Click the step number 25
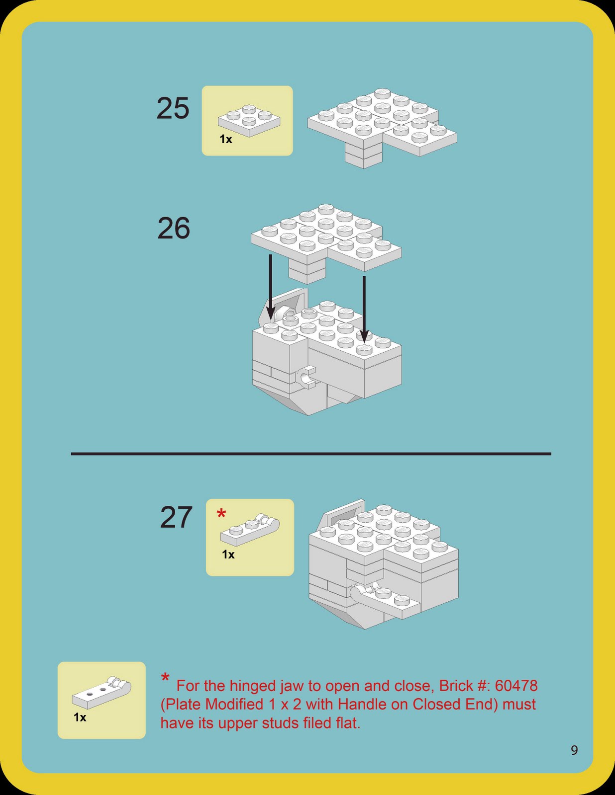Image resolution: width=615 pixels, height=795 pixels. (173, 108)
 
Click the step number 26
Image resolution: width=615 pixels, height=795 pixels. (174, 229)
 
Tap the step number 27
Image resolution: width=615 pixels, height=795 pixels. (176, 517)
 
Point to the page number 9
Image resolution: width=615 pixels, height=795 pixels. (574, 750)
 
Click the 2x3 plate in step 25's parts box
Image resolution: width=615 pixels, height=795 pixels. (249, 120)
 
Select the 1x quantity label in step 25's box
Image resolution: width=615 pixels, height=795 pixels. (226, 140)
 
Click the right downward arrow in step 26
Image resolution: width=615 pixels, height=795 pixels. (364, 308)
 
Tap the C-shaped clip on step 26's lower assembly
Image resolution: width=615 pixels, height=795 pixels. (307, 378)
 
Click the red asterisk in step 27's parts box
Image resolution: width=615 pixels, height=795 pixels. (221, 514)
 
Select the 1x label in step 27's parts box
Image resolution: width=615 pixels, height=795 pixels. (228, 555)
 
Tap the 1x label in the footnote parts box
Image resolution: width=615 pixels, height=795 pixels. (80, 717)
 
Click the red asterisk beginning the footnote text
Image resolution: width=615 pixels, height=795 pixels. (165, 678)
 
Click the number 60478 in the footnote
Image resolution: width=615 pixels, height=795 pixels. (516, 686)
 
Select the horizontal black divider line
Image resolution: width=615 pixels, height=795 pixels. (311, 454)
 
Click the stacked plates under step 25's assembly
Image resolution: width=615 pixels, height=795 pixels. (364, 155)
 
